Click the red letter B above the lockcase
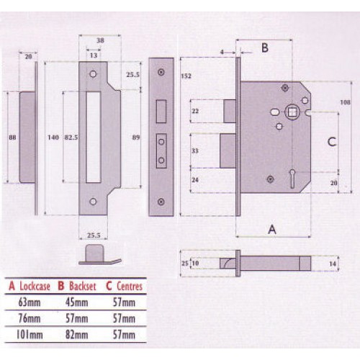[x=264, y=48]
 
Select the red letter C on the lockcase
[x=333, y=142]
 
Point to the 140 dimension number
[x=51, y=137]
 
